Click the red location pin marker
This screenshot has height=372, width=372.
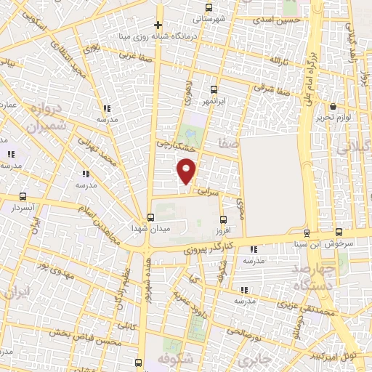[x=187, y=172]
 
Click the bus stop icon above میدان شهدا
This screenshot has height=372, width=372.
[x=150, y=217]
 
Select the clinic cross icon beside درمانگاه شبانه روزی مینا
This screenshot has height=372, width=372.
[x=158, y=25]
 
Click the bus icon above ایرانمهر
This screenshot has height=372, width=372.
[x=213, y=89]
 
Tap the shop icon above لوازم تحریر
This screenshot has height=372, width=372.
[x=333, y=107]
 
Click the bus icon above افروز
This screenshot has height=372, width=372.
[x=222, y=219]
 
